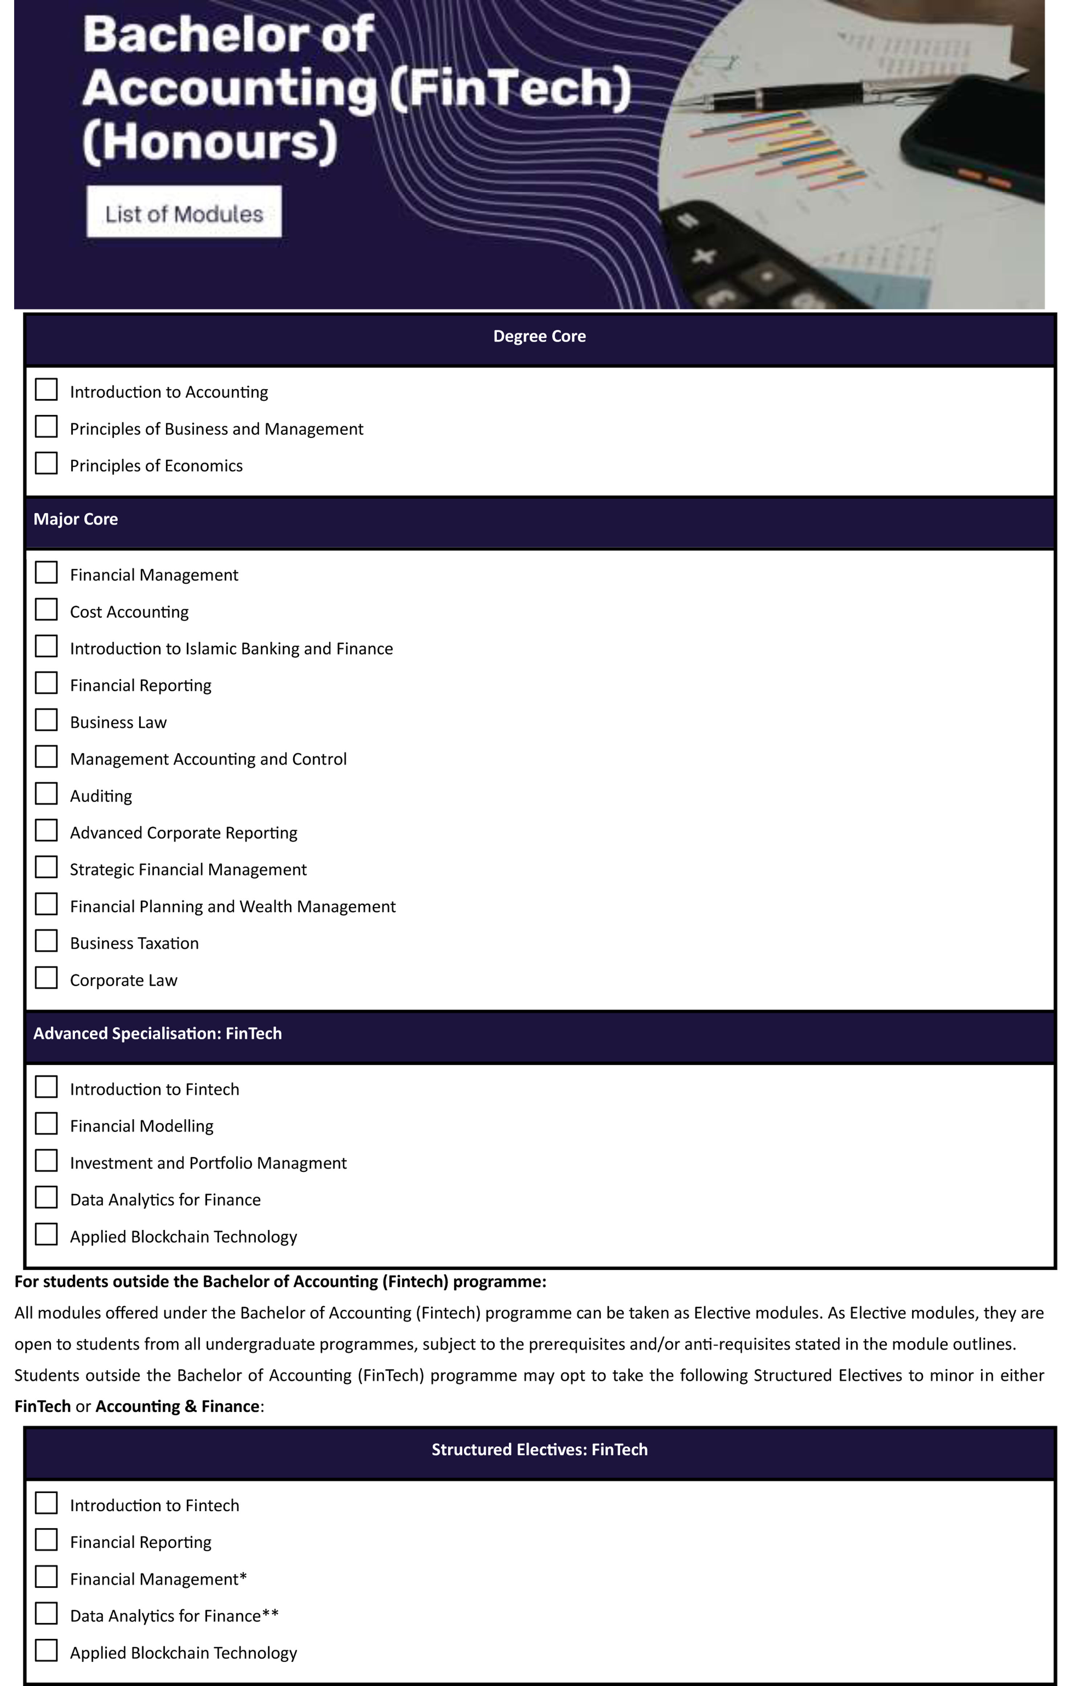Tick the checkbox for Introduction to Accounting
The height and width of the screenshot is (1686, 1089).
[47, 390]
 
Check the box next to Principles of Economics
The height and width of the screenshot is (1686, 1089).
[47, 463]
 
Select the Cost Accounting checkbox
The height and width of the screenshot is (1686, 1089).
[47, 610]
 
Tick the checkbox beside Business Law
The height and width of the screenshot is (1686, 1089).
[47, 720]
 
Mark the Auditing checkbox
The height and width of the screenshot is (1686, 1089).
[47, 794]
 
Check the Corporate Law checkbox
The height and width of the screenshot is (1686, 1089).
[47, 978]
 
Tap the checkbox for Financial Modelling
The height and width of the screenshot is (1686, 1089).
[47, 1123]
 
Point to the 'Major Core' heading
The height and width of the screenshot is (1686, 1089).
[76, 519]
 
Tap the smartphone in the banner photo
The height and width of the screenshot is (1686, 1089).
[983, 134]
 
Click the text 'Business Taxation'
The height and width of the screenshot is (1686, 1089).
[134, 944]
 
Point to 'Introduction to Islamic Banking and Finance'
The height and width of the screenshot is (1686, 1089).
[231, 649]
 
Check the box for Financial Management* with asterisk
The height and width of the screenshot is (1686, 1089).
[47, 1577]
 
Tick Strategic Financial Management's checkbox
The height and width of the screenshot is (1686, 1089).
[47, 867]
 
